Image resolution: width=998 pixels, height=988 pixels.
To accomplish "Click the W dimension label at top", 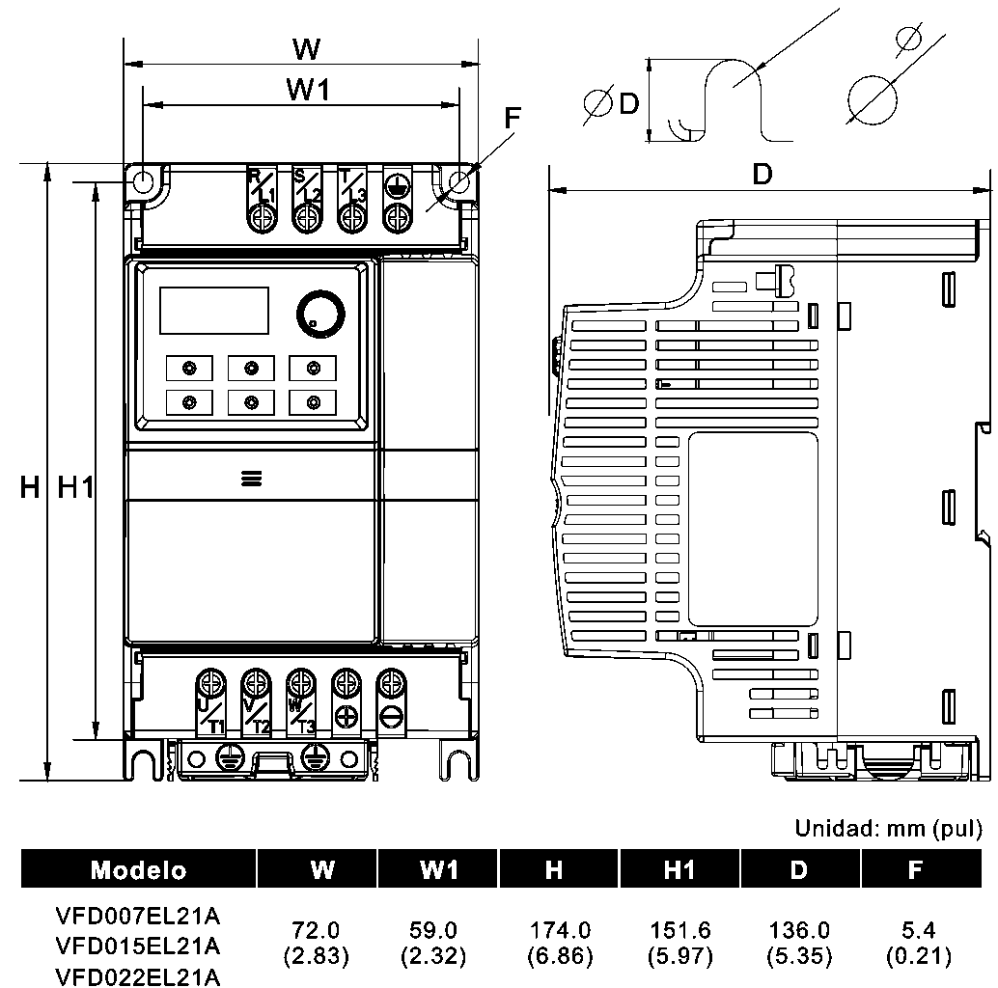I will point(307,48).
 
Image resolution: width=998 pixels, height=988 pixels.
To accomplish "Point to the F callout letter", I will point(513,118).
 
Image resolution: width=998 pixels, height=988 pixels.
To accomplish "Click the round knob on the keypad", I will point(319,313).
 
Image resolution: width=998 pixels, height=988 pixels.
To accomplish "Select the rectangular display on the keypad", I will point(213,311).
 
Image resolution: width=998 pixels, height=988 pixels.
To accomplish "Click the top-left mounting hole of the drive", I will point(142,181).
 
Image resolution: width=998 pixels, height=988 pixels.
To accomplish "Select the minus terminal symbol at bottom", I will point(390,716).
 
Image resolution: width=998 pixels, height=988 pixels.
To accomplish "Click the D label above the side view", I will point(763,175).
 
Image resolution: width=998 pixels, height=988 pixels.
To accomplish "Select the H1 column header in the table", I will point(679,870).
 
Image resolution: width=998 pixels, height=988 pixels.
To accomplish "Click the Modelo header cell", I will point(139,870).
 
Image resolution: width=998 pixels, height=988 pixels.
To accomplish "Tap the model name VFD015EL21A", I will point(138,944).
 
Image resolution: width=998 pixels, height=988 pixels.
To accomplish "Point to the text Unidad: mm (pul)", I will point(888,828).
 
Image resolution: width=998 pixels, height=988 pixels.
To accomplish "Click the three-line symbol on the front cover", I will point(252,478).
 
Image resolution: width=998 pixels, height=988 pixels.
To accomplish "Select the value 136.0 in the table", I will point(798,931).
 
